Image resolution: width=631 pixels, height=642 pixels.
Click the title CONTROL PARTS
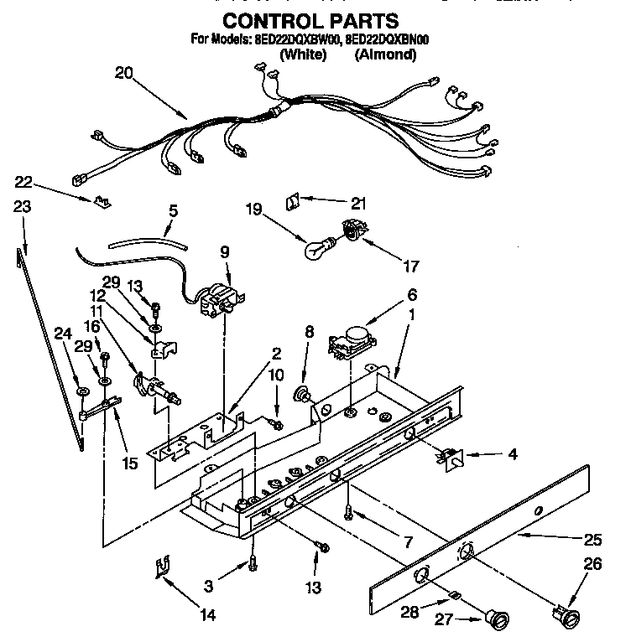(310, 20)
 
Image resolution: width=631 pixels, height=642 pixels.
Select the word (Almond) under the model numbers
(385, 54)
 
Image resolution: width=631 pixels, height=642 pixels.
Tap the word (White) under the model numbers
(303, 54)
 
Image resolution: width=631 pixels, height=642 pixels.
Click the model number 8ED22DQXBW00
(300, 39)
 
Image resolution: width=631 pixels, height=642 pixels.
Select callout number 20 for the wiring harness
(123, 73)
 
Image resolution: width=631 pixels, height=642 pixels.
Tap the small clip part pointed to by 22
(104, 200)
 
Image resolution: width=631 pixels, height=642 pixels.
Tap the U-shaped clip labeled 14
(164, 571)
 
